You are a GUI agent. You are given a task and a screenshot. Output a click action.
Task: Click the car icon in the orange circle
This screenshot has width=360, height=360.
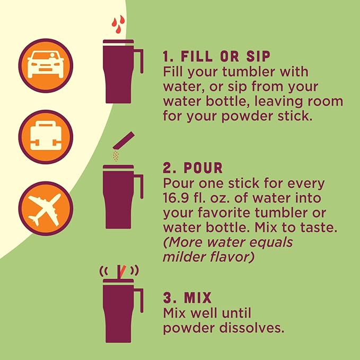pos(46,65)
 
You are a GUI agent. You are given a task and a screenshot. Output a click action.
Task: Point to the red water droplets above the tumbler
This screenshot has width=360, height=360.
pos(118,24)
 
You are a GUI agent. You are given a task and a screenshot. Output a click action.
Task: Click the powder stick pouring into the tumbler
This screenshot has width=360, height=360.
pos(124,141)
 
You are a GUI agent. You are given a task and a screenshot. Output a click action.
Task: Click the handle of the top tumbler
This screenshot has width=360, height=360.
pos(139,61)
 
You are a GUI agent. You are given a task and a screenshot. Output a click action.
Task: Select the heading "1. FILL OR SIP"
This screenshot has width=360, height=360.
pos(216,56)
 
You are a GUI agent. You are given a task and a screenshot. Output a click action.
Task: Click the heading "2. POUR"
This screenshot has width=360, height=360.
pos(192,168)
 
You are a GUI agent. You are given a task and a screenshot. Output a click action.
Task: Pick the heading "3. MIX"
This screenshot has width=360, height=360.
pos(187,297)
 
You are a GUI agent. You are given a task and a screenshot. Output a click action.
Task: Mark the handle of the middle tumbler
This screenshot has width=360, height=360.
pos(139,187)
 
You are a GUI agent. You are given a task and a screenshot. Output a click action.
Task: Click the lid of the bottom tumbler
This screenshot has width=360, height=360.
pos(118,281)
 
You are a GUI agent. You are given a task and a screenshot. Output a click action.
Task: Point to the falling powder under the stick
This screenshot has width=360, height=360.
pos(116,156)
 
